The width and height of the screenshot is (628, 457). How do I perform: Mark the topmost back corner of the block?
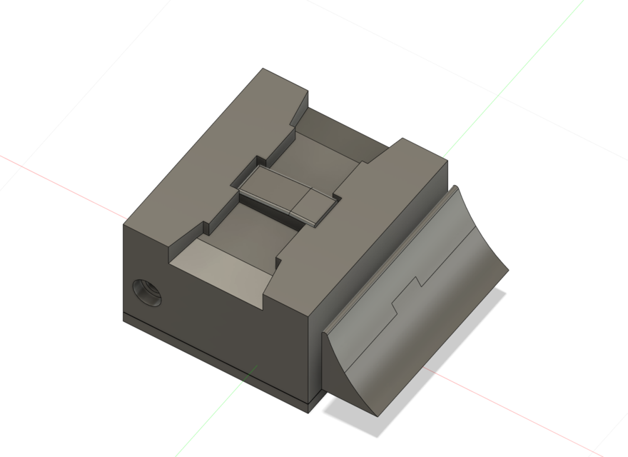pos(263,69)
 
